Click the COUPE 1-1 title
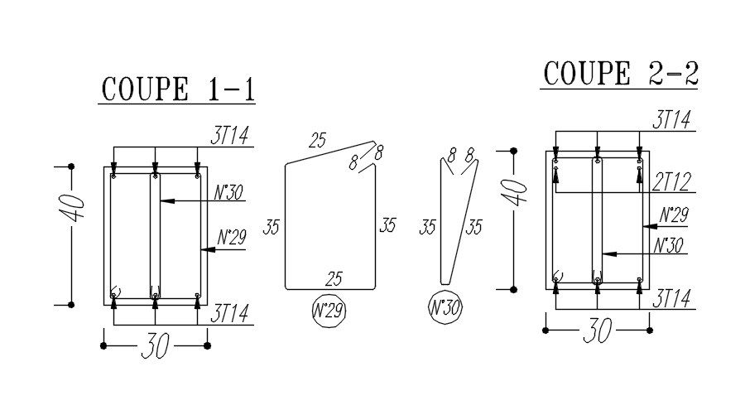point(176,88)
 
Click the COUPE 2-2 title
point(620,73)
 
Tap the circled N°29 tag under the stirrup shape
point(329,311)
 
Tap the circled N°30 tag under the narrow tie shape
point(445,307)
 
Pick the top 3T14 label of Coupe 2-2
point(672,121)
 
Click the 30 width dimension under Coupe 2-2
point(596,330)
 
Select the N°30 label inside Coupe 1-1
point(227,193)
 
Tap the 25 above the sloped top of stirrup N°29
point(318,141)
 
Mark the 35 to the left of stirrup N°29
point(272,227)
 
